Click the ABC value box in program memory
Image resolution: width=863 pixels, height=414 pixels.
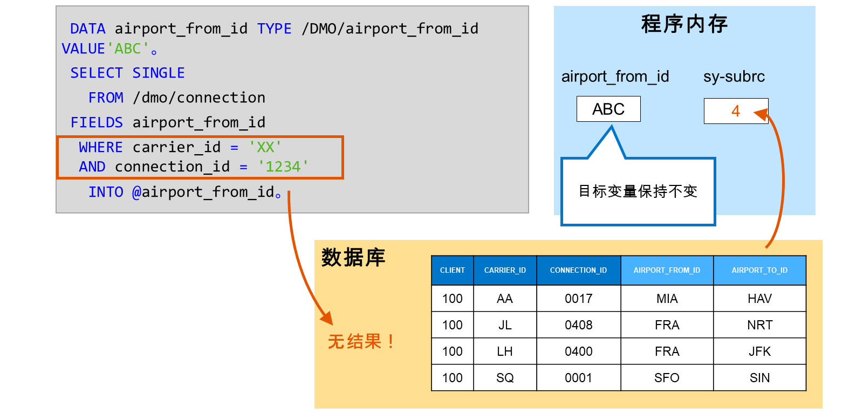[x=608, y=109]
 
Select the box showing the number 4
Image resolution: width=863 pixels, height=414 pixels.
[x=736, y=111]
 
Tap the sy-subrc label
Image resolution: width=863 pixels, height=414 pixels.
[x=734, y=77]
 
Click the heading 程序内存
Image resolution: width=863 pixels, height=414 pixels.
[x=684, y=24]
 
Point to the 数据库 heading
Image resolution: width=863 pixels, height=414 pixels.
[x=353, y=257]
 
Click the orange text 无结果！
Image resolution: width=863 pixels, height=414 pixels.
[x=361, y=341]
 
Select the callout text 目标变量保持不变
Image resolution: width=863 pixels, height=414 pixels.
[x=638, y=191]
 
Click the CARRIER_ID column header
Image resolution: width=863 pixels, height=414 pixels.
[x=505, y=271]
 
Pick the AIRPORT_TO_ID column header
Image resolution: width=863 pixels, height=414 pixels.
[x=759, y=271]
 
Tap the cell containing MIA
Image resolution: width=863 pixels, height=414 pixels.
[x=667, y=299]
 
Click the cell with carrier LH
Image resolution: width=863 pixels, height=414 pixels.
[x=505, y=351]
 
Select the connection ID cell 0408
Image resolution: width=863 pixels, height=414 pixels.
[x=578, y=325]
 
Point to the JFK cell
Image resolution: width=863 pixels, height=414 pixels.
[x=759, y=351]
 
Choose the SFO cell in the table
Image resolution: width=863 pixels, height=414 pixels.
[x=667, y=378]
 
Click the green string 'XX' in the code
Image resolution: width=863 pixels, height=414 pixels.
[x=265, y=147]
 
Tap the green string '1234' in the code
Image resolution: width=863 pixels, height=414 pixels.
[x=283, y=167]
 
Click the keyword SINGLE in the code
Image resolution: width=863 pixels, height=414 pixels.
[x=159, y=73]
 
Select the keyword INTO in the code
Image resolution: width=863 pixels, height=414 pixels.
[x=106, y=192]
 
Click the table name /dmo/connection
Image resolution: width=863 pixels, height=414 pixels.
[x=199, y=98]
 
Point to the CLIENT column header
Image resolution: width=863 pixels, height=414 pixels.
[x=453, y=271]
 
